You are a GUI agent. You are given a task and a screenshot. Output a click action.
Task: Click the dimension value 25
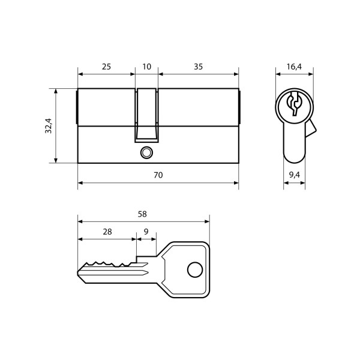(x=106, y=67)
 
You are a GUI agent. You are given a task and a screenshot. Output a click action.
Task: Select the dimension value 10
(x=146, y=67)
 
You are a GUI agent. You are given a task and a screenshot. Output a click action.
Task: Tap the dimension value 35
(x=198, y=67)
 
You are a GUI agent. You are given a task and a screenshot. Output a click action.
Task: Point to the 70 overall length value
(x=158, y=175)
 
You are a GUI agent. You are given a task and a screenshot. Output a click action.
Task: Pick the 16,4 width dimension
(x=294, y=67)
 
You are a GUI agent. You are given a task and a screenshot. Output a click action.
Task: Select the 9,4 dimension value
(x=294, y=175)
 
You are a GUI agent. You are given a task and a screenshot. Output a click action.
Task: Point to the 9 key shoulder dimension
(x=147, y=232)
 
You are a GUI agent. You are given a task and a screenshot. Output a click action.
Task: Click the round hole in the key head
(x=193, y=271)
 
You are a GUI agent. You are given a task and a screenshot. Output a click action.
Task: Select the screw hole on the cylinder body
(x=145, y=152)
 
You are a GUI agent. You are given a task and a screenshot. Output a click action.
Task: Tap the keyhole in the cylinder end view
(x=293, y=104)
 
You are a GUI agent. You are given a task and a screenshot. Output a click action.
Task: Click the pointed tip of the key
(x=80, y=274)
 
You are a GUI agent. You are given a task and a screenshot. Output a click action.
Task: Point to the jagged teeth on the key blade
(x=108, y=264)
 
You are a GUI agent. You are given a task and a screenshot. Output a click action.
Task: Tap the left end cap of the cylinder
(x=77, y=108)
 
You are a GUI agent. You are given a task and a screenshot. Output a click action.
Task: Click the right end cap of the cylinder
(x=239, y=108)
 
